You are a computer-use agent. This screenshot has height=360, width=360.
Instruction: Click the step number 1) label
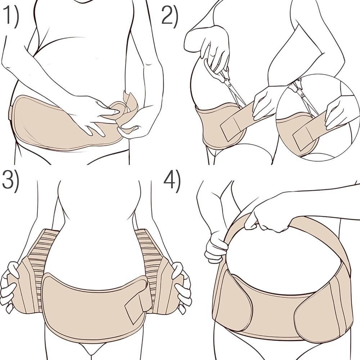point(11,17)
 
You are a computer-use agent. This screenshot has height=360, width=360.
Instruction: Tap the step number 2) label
point(169,16)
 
